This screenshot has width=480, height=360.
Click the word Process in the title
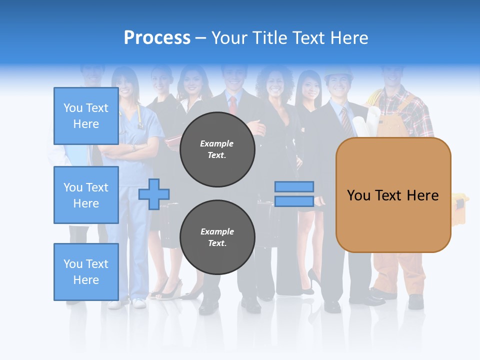157,37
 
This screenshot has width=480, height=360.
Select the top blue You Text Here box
86,116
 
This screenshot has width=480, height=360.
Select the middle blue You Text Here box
86,195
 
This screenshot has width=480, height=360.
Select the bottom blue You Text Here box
86,272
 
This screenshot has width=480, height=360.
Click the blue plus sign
154,194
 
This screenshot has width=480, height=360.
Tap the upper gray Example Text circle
217,149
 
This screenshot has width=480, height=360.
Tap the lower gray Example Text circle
217,237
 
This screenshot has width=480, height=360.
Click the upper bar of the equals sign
294,186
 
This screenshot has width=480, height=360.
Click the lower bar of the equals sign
294,201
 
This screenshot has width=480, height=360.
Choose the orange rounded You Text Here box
393,195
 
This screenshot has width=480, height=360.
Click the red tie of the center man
233,105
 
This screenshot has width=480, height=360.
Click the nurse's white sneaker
138,302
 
